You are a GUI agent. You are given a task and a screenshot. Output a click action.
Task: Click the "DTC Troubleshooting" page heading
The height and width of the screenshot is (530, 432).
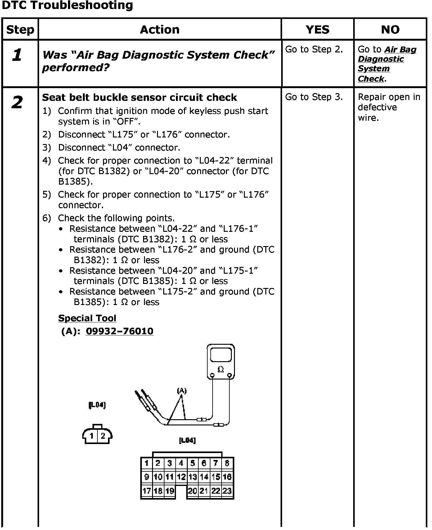[x=67, y=5]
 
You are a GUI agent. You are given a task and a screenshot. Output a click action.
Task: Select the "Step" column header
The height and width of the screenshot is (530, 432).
[x=20, y=30]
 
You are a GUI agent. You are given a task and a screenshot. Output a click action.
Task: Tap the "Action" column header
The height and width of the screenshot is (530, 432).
[x=160, y=30]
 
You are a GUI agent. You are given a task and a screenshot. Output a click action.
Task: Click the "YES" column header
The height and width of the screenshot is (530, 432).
[x=317, y=30]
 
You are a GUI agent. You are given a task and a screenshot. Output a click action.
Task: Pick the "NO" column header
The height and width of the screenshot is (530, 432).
[x=390, y=30]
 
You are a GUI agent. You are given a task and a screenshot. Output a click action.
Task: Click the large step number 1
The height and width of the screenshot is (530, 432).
[x=17, y=55]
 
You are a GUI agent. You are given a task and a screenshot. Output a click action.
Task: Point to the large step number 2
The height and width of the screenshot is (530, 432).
[x=17, y=102]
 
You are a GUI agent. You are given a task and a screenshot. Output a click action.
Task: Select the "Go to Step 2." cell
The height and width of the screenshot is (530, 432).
[x=314, y=50]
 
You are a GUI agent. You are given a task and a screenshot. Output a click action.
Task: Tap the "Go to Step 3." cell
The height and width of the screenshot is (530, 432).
[x=314, y=97]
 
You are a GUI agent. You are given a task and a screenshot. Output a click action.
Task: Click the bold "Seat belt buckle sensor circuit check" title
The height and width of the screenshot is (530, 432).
[x=139, y=97]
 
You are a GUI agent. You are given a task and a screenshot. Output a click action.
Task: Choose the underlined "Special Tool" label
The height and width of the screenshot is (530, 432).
[x=87, y=318]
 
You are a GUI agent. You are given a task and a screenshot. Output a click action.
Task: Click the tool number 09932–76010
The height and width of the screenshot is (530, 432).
[x=119, y=331]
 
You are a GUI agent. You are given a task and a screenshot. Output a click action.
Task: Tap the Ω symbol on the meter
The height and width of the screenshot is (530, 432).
[x=221, y=369]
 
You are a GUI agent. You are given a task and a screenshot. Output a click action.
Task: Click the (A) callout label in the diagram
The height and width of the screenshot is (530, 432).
[x=182, y=391]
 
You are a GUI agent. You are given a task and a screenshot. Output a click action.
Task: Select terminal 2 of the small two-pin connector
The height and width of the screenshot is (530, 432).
[x=103, y=436]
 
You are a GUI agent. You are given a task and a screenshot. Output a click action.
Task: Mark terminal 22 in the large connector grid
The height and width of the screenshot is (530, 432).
[x=215, y=491]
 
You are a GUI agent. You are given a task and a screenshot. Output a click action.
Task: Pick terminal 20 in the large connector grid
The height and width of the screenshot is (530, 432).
[x=192, y=491]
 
